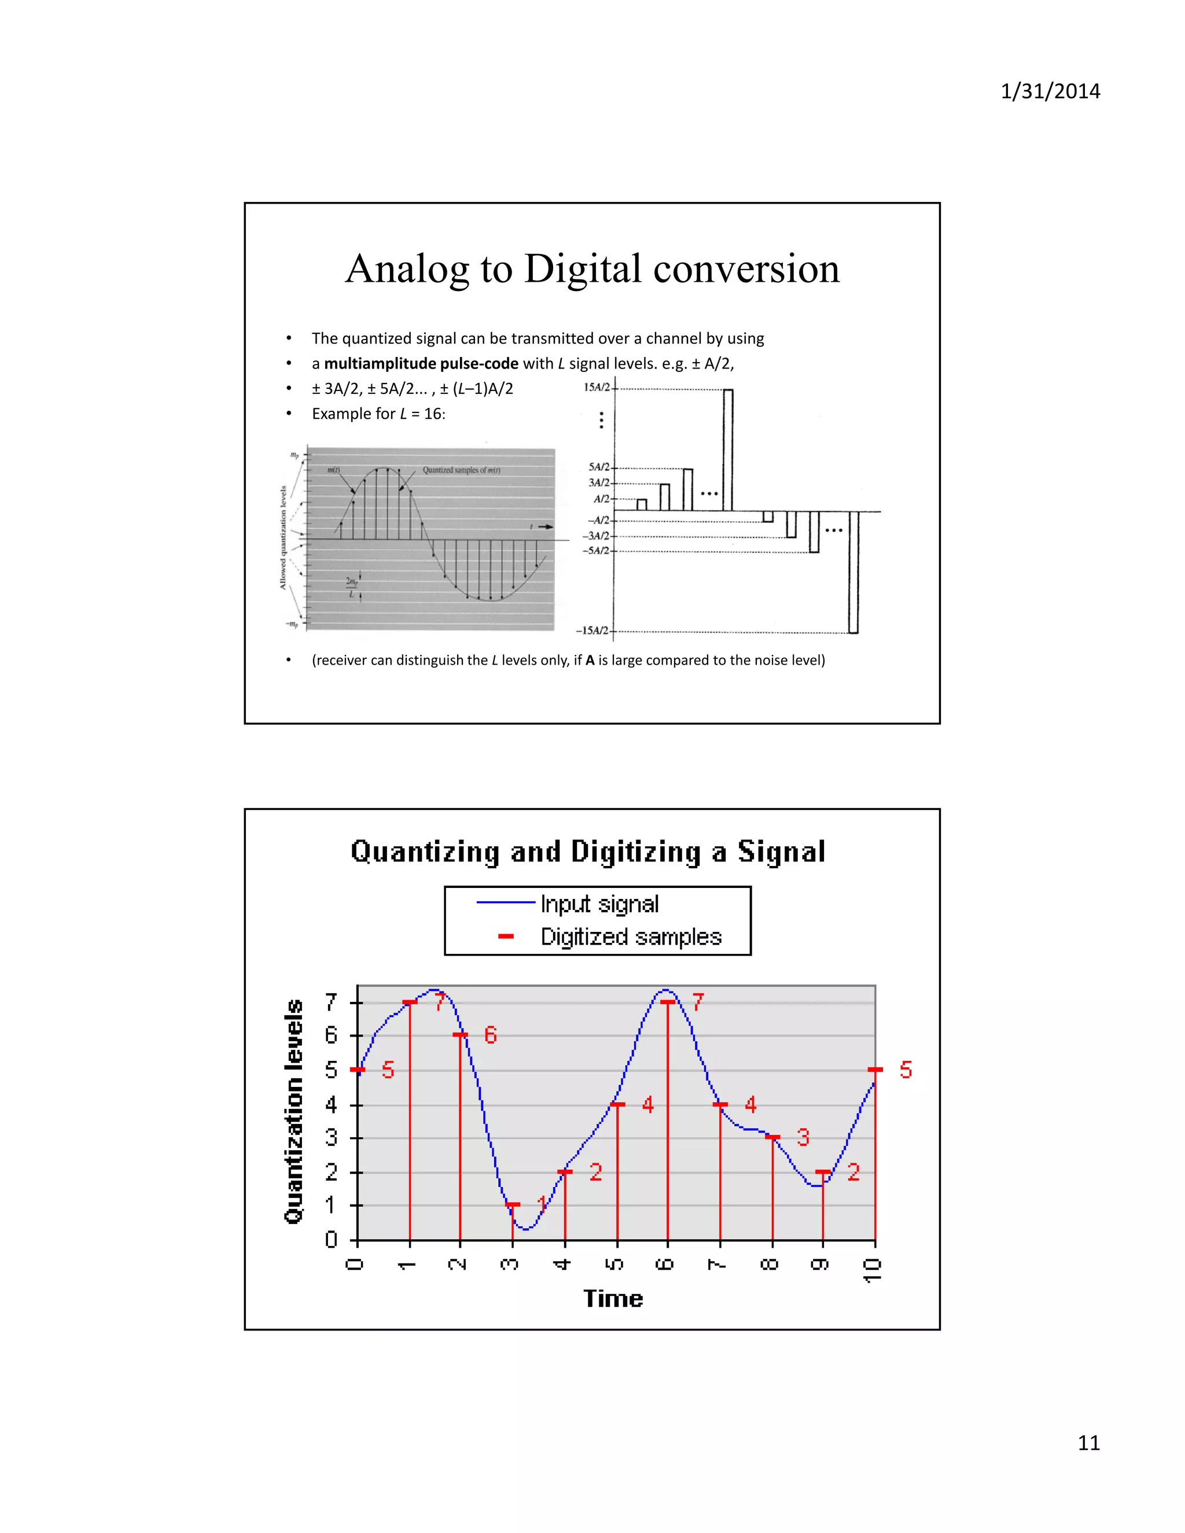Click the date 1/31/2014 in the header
[x=1050, y=91]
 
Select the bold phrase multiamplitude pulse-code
[x=421, y=364]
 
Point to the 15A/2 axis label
[x=597, y=388]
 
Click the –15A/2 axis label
[x=592, y=631]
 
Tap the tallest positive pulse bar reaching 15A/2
[x=728, y=449]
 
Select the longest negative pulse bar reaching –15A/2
[x=853, y=572]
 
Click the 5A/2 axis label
[x=599, y=467]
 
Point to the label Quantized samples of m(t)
[x=461, y=470]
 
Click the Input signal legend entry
[x=599, y=904]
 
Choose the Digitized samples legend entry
[x=631, y=937]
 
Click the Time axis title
[x=613, y=1299]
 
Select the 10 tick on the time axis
[x=873, y=1270]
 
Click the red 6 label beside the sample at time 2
[x=491, y=1035]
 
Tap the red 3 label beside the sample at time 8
[x=803, y=1137]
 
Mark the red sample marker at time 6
[x=668, y=1003]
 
